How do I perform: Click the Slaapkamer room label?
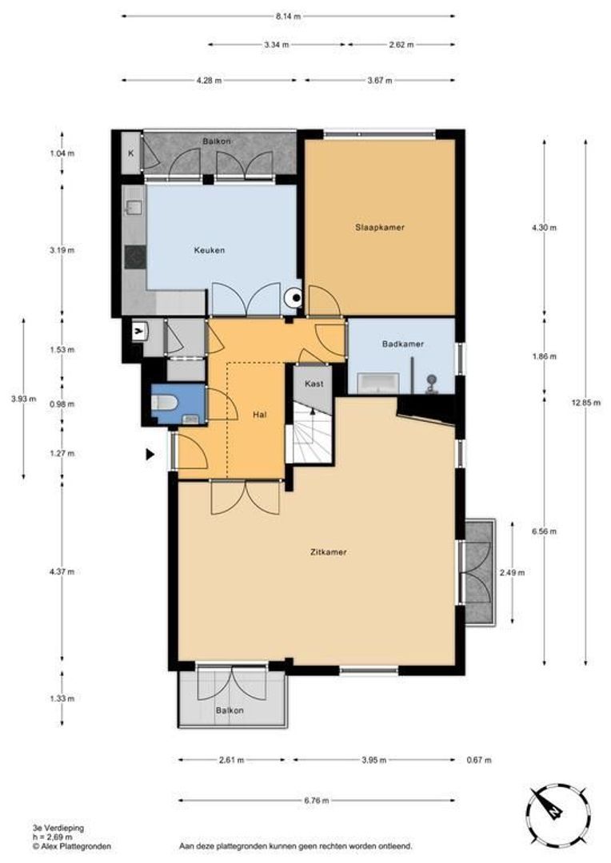click(x=380, y=227)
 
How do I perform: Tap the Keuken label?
click(x=210, y=250)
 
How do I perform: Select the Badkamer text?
click(x=403, y=344)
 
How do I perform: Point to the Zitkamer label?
click(x=329, y=551)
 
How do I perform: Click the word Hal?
click(x=259, y=415)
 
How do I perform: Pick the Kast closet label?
click(x=314, y=384)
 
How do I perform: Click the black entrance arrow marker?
click(x=150, y=454)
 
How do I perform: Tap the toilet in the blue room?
click(x=165, y=404)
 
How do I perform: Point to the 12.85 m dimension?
click(x=585, y=402)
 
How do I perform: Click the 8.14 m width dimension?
click(x=289, y=17)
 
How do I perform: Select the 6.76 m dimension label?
click(x=317, y=801)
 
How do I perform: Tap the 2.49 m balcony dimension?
click(x=512, y=572)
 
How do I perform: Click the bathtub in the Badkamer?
click(x=378, y=383)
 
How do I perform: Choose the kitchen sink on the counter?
click(x=134, y=208)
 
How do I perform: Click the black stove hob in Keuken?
click(x=135, y=257)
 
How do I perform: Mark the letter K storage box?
click(x=131, y=153)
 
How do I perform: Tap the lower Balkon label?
click(x=230, y=710)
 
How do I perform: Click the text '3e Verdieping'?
click(x=58, y=828)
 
